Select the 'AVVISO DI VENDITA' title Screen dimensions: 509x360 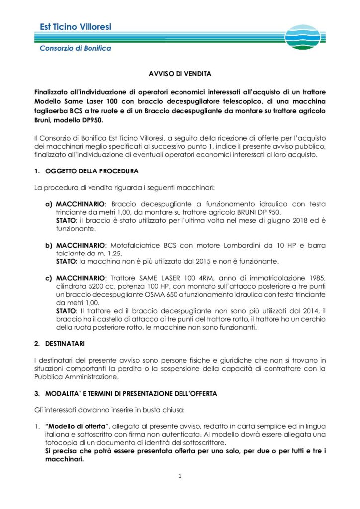click(180, 74)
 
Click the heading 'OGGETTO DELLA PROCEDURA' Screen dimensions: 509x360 click(92, 171)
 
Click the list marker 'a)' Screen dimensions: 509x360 click(49, 204)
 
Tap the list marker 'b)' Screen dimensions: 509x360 click(49, 246)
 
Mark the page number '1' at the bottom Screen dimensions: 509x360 click(180, 476)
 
